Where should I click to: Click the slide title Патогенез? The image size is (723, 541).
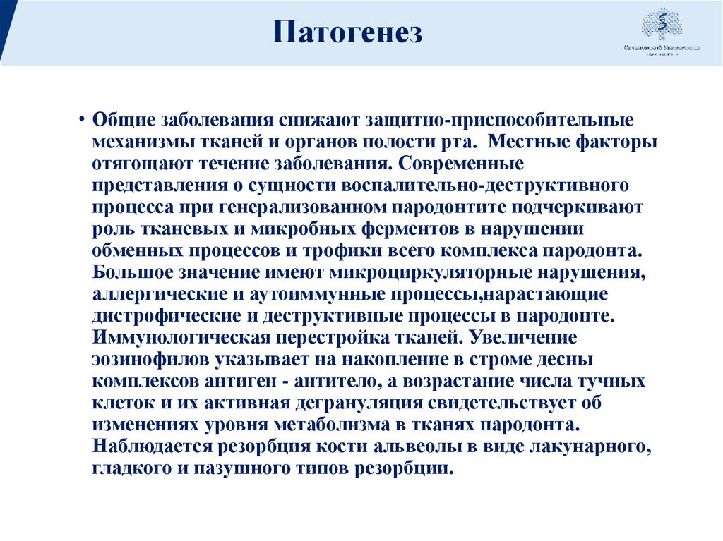click(347, 33)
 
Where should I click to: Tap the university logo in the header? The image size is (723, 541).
click(661, 32)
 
